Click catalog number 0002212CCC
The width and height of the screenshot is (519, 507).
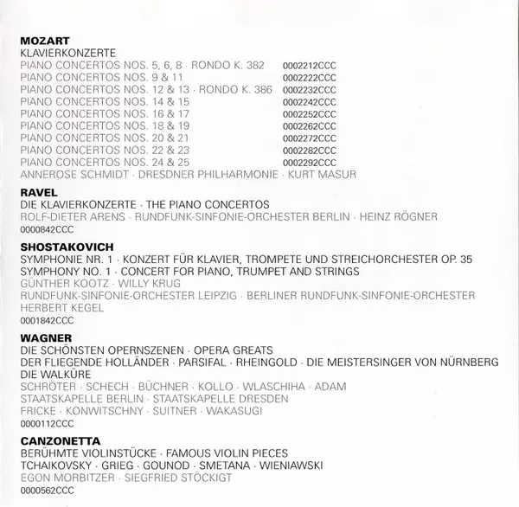[x=309, y=66]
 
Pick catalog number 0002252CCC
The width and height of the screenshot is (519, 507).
[x=309, y=113]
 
